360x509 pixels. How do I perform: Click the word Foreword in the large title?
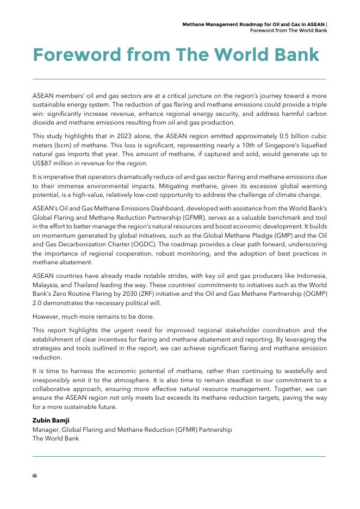(x=76, y=55)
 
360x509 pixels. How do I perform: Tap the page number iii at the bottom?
(x=35, y=475)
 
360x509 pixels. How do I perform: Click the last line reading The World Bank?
(x=55, y=438)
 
